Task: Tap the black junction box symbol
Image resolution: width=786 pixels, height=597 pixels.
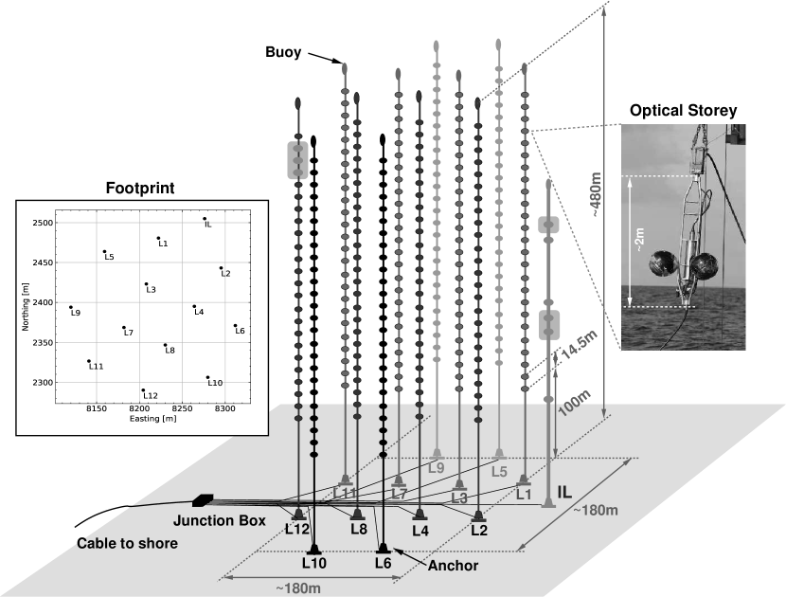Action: point(202,500)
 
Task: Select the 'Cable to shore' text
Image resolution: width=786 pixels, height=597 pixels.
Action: point(128,544)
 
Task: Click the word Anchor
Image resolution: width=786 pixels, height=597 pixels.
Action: point(454,566)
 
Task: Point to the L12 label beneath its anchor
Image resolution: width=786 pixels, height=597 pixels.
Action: point(298,529)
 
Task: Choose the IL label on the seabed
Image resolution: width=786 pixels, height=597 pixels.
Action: point(564,493)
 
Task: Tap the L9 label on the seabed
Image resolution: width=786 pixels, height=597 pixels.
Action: point(436,467)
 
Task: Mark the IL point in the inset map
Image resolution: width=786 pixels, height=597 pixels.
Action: point(204,219)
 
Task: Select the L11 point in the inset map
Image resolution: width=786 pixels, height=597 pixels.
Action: point(89,361)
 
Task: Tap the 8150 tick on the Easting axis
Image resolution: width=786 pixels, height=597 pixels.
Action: point(96,408)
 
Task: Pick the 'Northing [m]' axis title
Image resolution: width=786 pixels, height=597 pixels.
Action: point(26,303)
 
